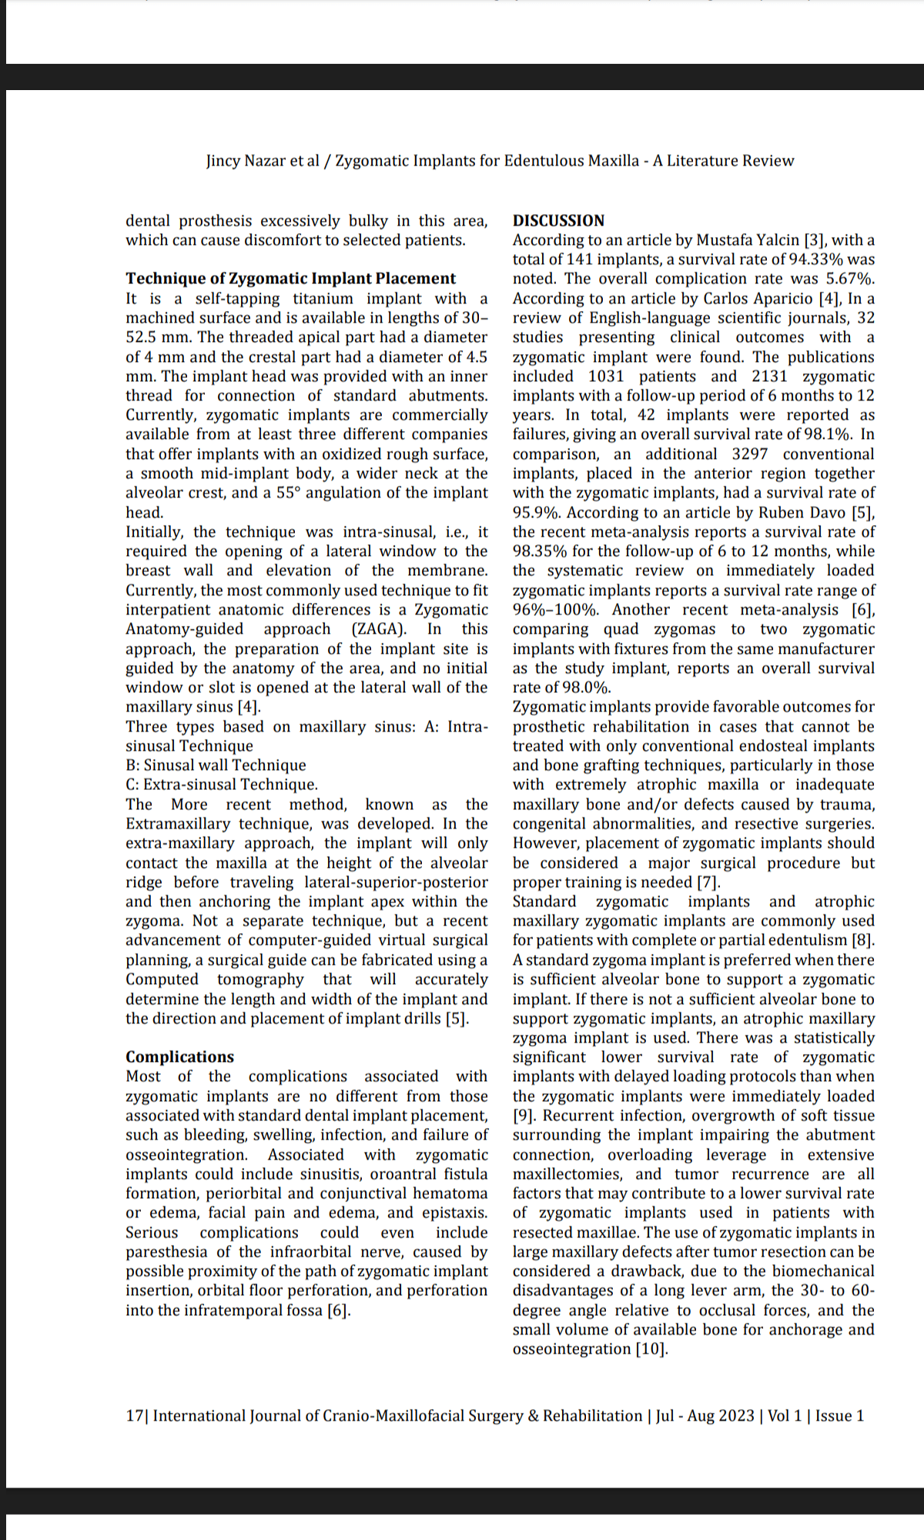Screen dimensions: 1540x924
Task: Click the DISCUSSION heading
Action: [x=558, y=220]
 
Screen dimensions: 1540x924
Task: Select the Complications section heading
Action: [x=179, y=1056]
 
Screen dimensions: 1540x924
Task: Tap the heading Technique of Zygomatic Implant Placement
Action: [x=290, y=278]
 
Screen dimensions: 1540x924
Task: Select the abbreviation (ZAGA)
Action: [x=378, y=629]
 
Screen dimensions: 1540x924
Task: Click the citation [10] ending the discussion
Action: [x=651, y=1349]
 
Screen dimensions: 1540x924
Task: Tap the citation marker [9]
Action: [x=525, y=1116]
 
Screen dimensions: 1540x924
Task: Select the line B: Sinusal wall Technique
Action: [x=216, y=765]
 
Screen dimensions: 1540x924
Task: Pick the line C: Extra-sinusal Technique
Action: [x=222, y=785]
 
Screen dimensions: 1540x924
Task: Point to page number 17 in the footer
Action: [x=134, y=1415]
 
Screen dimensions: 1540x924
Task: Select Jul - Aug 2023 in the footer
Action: [x=705, y=1415]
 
